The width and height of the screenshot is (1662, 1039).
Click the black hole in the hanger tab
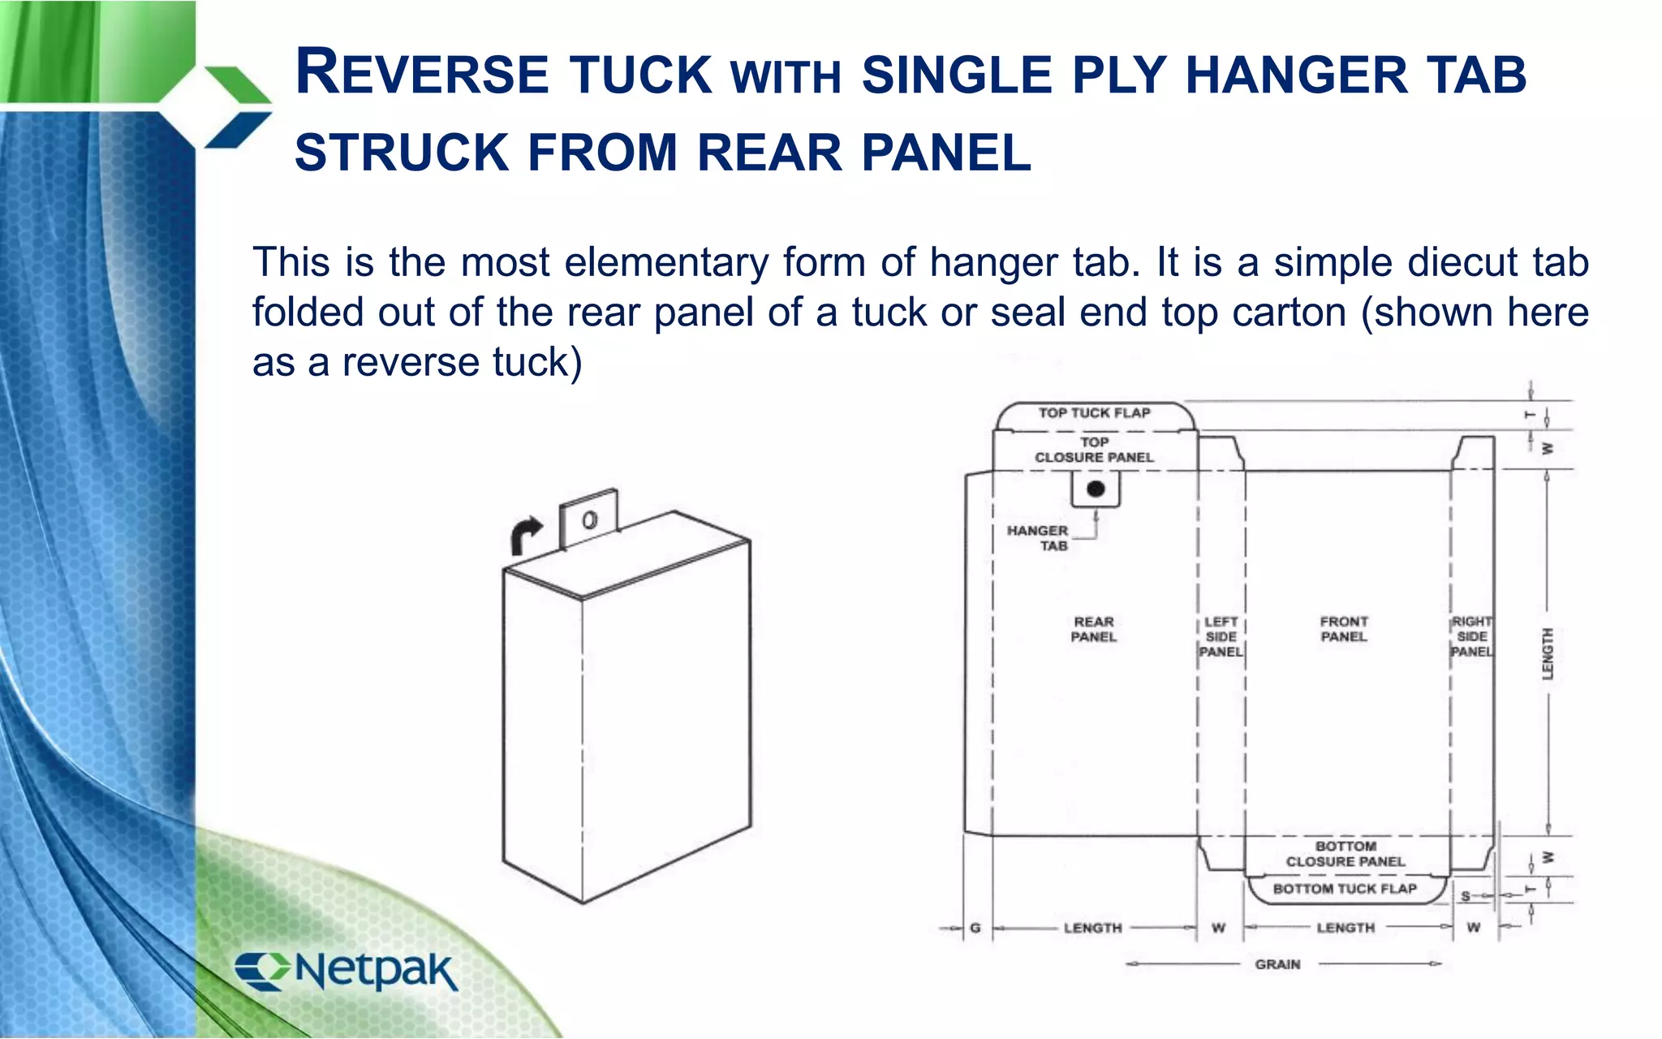click(1096, 489)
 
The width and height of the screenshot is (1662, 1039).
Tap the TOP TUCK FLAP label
click(1094, 413)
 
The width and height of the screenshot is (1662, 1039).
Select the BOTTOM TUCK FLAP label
click(1345, 889)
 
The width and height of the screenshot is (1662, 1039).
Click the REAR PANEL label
click(1093, 629)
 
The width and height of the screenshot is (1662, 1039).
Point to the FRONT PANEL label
click(1344, 629)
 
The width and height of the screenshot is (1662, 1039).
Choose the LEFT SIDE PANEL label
click(1221, 636)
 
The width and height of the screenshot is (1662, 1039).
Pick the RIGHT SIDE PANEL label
click(1472, 636)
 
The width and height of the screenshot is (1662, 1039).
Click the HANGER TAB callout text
click(1038, 537)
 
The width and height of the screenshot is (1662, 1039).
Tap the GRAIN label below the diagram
click(1277, 964)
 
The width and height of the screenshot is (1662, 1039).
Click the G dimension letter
click(975, 928)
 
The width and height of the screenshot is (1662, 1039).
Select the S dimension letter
click(1466, 896)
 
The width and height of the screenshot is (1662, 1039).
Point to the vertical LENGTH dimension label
click(1548, 653)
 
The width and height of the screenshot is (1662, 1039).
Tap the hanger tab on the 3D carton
click(589, 519)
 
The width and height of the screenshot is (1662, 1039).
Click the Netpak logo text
click(375, 970)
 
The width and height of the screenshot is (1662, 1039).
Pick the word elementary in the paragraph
click(666, 263)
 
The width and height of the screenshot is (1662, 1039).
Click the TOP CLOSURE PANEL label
click(1094, 450)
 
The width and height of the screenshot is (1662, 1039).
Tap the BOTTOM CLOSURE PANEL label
click(1345, 854)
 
